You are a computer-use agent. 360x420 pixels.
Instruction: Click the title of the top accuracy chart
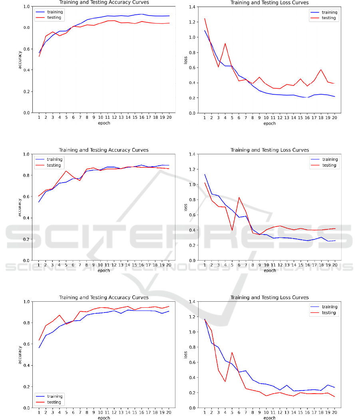click(103, 2)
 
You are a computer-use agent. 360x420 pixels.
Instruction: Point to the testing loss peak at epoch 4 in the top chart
click(225, 44)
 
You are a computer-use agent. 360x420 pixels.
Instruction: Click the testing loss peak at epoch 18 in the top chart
click(321, 70)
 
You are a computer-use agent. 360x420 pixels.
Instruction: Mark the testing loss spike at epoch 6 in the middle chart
click(239, 197)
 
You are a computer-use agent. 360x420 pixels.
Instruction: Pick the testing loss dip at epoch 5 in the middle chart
click(232, 230)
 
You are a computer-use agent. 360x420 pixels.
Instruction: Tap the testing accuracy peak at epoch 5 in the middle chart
click(66, 171)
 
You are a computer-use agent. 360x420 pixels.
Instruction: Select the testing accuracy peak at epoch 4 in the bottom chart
click(60, 315)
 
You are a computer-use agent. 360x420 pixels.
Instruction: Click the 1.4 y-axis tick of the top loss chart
click(191, 7)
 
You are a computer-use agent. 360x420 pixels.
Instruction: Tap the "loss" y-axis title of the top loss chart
click(185, 60)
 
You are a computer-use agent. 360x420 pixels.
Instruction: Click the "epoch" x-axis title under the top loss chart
click(270, 123)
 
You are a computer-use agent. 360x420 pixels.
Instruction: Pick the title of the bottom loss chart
click(270, 297)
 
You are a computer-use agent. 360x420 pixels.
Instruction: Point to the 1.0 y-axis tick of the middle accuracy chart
click(28, 154)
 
